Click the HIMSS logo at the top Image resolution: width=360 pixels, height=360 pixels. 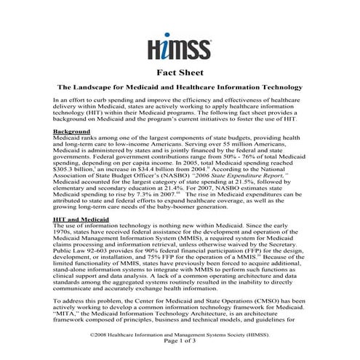pos(180,49)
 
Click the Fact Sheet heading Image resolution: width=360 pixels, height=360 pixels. pos(180,73)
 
